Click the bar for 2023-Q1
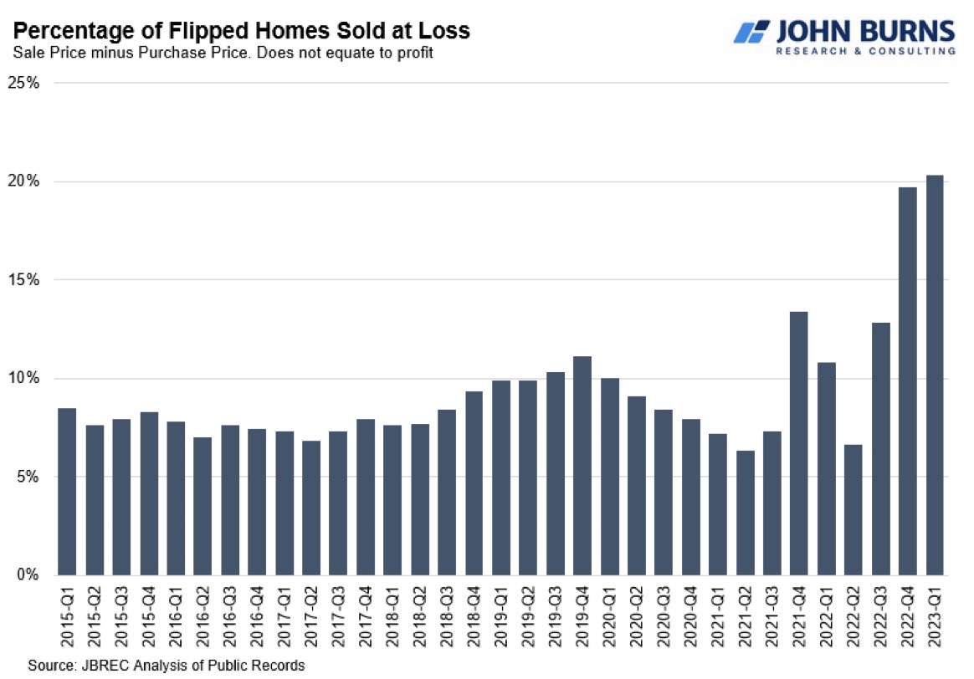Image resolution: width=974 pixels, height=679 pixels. (935, 375)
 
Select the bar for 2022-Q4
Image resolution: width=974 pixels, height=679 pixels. (907, 381)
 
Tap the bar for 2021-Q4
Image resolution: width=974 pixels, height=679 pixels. (798, 443)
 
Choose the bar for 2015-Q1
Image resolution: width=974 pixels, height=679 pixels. (66, 492)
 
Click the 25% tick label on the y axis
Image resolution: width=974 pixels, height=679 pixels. (24, 84)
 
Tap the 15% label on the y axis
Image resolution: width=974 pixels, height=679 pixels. (24, 280)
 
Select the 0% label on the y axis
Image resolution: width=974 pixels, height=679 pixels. (28, 575)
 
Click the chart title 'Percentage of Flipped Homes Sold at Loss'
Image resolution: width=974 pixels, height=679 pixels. (242, 32)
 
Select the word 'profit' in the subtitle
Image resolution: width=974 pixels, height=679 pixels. (415, 53)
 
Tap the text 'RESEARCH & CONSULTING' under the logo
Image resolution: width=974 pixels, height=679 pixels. (865, 51)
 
